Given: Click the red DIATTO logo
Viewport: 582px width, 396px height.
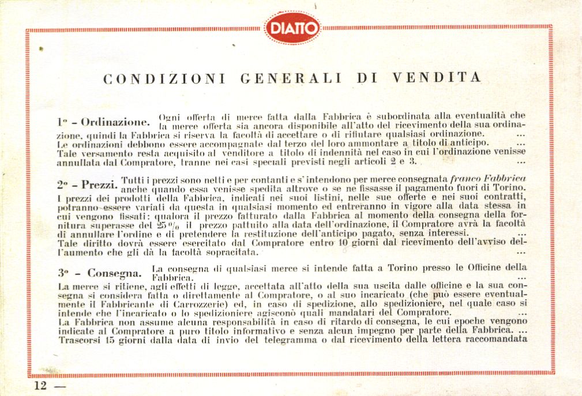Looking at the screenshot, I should tap(292, 28).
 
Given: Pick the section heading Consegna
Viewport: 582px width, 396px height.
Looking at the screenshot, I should tap(109, 272).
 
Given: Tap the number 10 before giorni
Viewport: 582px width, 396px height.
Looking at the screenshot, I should tap(343, 243).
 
